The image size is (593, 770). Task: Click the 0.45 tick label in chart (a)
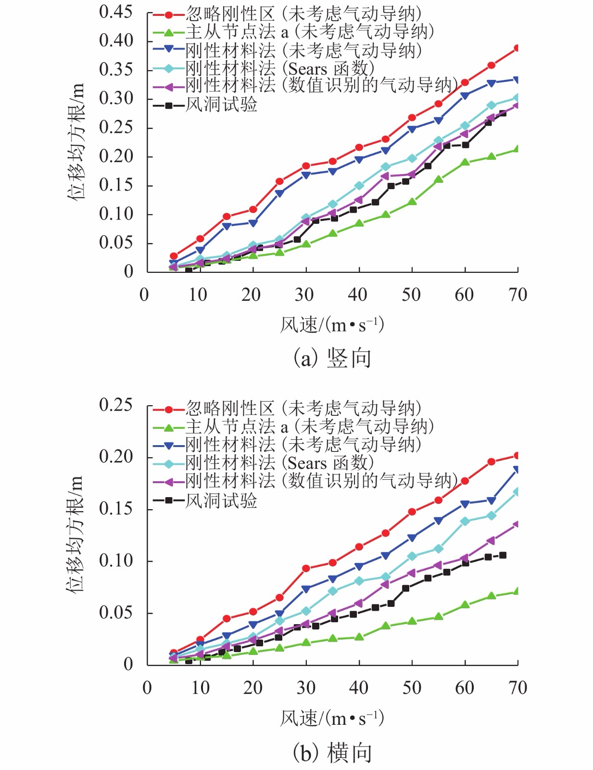click(x=115, y=12)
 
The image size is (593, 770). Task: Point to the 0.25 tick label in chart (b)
click(x=115, y=405)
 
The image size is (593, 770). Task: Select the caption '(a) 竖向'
click(x=332, y=358)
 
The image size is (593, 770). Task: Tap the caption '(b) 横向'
click(x=332, y=753)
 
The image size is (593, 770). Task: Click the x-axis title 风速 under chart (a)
click(x=332, y=325)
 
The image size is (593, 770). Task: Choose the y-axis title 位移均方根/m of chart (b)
click(x=76, y=534)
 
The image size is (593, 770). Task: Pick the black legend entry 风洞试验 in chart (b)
click(x=221, y=500)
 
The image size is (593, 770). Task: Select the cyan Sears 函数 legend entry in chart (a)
click(x=279, y=68)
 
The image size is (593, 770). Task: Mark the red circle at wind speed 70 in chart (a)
click(x=517, y=48)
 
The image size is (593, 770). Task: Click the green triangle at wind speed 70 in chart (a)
click(x=517, y=149)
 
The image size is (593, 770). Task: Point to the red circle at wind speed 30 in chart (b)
click(x=306, y=568)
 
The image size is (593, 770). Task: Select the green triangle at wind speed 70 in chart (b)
click(x=517, y=591)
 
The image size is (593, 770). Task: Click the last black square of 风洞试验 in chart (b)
click(x=503, y=555)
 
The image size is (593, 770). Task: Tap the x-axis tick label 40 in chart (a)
click(x=358, y=295)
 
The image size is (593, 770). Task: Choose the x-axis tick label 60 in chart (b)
click(x=464, y=688)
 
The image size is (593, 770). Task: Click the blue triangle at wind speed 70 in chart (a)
click(x=517, y=80)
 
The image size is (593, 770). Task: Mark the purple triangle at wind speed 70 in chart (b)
click(x=517, y=524)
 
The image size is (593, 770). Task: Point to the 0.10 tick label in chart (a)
click(x=115, y=214)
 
